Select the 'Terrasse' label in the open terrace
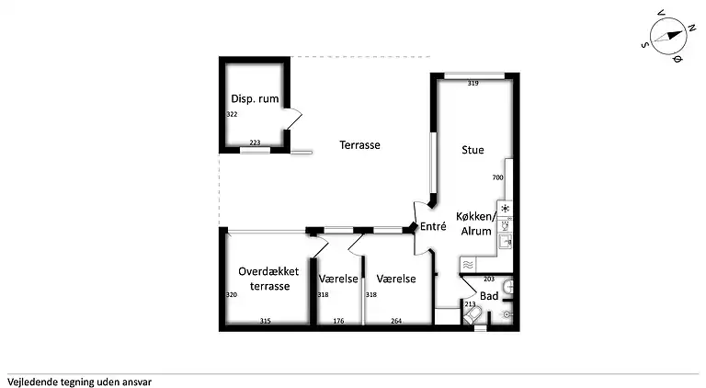[359, 145]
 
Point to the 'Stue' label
[473, 150]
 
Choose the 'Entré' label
[433, 226]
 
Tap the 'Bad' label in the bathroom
[489, 296]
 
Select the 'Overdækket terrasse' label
[268, 280]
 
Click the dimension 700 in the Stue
[497, 177]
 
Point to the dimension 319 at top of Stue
[473, 84]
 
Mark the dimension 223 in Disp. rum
[255, 143]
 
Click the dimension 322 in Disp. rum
[232, 115]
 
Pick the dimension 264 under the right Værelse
[396, 320]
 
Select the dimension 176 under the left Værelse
[337, 320]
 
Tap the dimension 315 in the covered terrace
[265, 320]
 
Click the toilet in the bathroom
[474, 317]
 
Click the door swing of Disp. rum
[294, 119]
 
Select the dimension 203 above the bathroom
[488, 279]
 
